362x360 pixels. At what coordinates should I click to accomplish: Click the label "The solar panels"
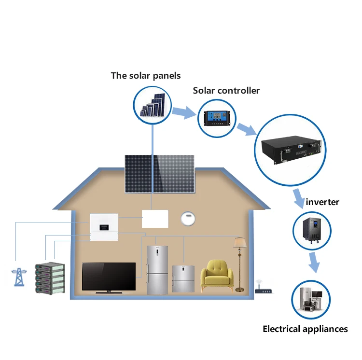point(146,76)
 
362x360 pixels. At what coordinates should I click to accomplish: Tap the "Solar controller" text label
point(226,90)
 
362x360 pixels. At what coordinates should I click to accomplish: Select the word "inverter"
point(322,202)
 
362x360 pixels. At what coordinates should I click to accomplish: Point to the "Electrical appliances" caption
point(305,329)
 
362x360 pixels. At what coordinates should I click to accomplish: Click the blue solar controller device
point(217,118)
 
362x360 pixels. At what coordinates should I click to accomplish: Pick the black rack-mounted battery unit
point(292,150)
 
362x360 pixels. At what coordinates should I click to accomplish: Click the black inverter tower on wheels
point(312,231)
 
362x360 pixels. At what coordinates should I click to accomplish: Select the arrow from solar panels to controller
point(184,112)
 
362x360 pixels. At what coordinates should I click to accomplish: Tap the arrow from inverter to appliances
point(314,263)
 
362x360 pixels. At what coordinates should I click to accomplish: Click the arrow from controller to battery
point(247,129)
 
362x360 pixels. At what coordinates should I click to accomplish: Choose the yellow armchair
point(217,276)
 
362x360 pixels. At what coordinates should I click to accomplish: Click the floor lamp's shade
point(239,243)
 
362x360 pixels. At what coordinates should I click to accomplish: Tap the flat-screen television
point(109,277)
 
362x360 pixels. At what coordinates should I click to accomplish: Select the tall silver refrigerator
point(157,270)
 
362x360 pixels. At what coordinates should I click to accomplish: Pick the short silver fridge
point(183,279)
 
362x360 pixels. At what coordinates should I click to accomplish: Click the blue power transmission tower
point(19,277)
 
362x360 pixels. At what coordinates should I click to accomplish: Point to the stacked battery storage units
point(50,278)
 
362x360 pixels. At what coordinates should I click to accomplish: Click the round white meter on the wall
point(188,219)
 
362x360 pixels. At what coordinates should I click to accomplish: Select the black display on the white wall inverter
point(104,227)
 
